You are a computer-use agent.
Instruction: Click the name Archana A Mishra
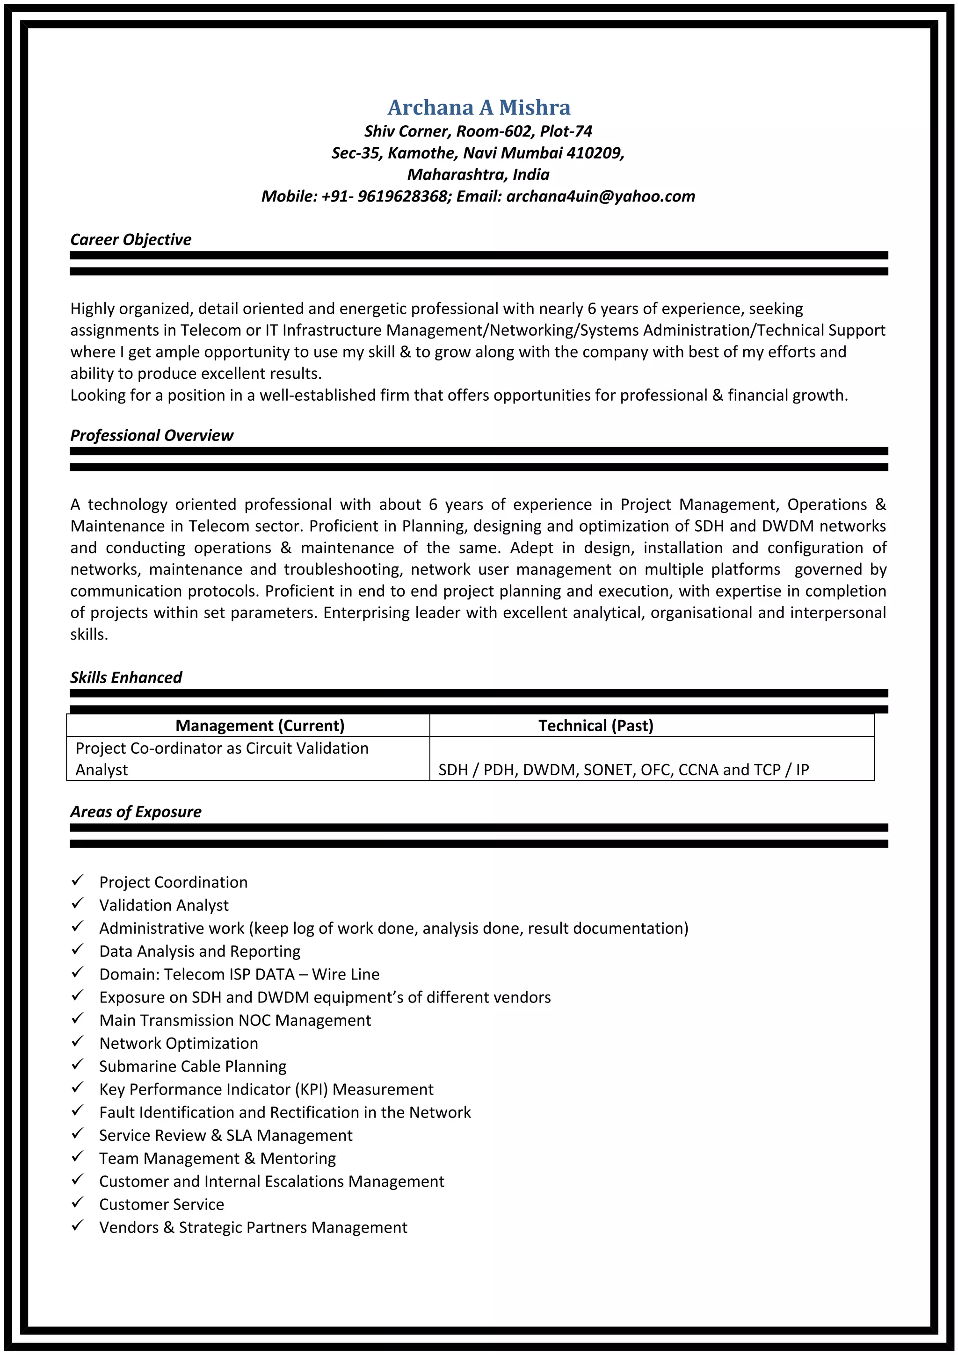pos(479,108)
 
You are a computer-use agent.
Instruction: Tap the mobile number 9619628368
pos(403,196)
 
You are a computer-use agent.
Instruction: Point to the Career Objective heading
pos(131,239)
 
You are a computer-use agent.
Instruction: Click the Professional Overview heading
pos(152,436)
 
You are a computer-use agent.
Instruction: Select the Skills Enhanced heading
pos(126,677)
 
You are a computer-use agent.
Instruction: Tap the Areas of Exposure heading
pos(136,812)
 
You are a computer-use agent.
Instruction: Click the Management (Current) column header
pos(260,726)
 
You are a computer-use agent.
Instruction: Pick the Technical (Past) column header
pos(595,726)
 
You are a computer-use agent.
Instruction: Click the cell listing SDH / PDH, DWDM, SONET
pos(624,770)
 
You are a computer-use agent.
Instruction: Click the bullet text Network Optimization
pos(178,1044)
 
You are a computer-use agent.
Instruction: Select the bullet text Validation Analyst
pos(164,905)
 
